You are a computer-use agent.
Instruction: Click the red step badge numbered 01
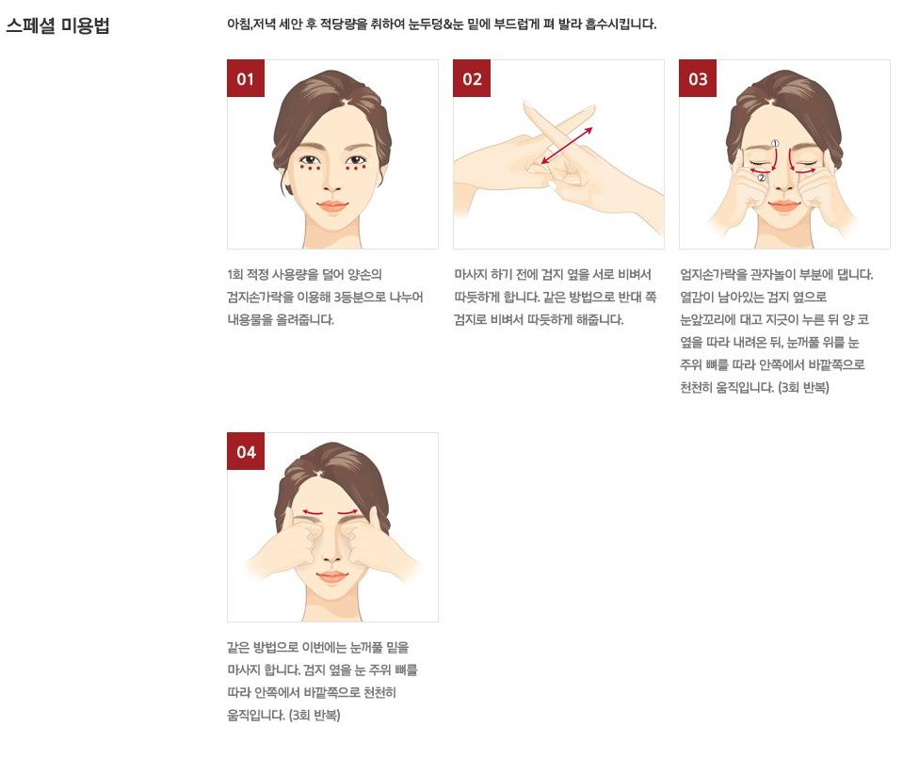click(246, 78)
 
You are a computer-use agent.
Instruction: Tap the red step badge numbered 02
click(472, 78)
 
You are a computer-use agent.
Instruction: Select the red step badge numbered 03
click(698, 78)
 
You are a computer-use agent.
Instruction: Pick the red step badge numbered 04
click(246, 451)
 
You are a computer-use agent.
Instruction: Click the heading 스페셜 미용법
click(57, 26)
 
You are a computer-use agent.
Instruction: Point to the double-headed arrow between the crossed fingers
click(567, 146)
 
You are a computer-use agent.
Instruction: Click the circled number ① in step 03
click(775, 143)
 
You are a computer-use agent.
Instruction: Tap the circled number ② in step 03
click(762, 178)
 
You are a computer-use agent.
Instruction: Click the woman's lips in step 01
click(332, 206)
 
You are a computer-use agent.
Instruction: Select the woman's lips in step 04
click(332, 577)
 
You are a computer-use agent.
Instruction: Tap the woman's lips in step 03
click(783, 205)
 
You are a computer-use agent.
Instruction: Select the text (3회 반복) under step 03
click(803, 388)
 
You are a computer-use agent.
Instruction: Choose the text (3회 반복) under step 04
click(314, 715)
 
